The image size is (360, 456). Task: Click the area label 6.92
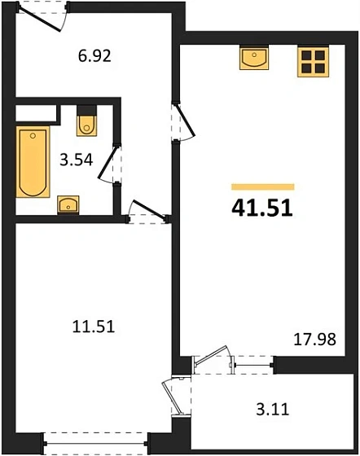(93, 57)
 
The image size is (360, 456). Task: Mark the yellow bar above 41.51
(263, 186)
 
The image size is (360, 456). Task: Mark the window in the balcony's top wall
(253, 367)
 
